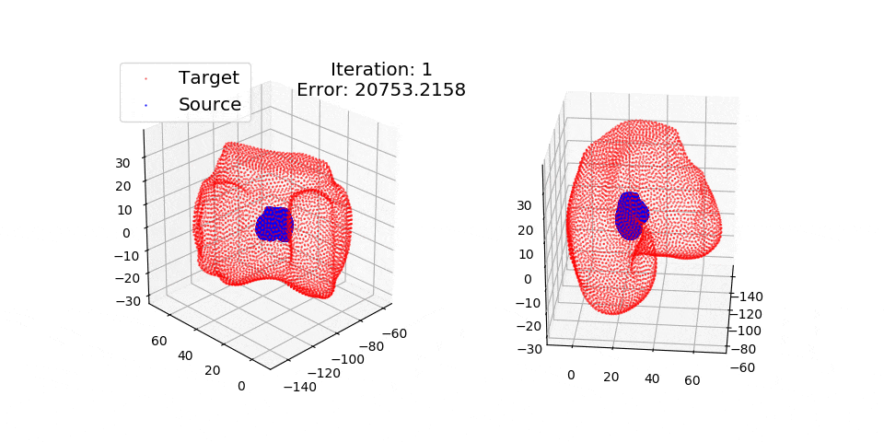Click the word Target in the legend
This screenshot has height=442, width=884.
209,78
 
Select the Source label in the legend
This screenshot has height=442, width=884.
210,105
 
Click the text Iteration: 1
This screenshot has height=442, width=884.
381,69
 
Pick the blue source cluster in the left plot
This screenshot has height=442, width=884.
273,224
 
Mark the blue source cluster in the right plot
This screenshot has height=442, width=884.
630,216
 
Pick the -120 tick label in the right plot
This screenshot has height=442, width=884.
750,313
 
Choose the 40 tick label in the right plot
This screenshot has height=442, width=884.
652,378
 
